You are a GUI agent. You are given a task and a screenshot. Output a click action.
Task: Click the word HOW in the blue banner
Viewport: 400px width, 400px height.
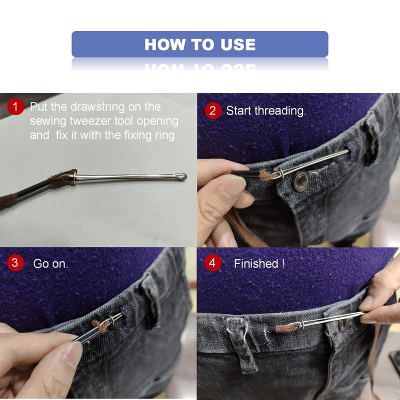pos(164,44)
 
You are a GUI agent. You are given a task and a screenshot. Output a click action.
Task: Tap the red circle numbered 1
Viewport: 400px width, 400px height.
pos(15,106)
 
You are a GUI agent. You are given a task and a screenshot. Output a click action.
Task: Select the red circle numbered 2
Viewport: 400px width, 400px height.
pos(213,110)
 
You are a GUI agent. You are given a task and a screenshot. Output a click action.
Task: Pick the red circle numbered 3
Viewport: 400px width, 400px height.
pos(15,263)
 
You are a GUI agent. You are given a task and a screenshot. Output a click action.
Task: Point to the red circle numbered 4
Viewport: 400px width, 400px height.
pos(213,263)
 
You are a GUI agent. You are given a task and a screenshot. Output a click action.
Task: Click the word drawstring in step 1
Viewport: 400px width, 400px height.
pos(97,107)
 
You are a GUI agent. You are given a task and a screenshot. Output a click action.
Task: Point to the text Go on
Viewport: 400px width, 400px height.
pos(50,264)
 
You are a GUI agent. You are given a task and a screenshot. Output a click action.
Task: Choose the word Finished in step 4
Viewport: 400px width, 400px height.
pos(256,264)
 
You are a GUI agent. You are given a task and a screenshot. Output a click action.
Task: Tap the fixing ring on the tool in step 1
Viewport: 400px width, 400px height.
pos(74,178)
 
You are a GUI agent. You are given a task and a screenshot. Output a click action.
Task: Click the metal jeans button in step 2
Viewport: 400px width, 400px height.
pos(301,181)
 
